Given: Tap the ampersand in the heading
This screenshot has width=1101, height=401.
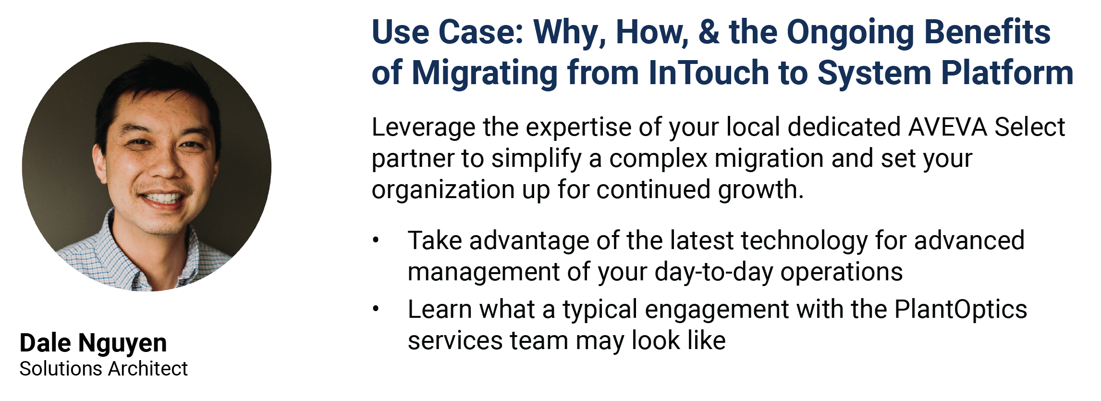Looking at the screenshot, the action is (709, 32).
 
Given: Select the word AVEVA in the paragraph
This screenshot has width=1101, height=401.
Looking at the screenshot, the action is (947, 127).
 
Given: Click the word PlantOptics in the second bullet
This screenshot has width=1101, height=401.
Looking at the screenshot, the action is (960, 309).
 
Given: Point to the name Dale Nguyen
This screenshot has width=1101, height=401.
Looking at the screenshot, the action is (93, 343).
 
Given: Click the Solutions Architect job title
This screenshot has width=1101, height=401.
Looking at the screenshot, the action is (103, 369).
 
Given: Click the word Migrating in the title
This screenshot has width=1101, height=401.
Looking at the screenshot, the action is (485, 74).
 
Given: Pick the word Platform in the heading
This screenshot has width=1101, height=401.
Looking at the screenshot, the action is (1007, 73).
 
